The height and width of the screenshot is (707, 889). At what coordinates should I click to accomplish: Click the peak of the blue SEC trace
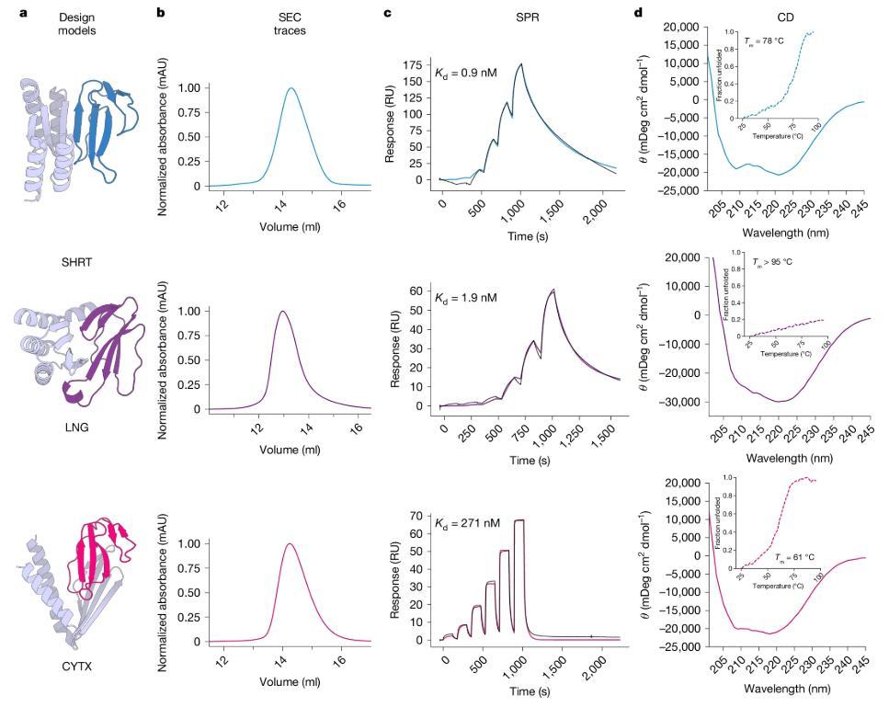point(291,89)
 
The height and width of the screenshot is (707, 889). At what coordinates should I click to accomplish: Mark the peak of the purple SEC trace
point(282,312)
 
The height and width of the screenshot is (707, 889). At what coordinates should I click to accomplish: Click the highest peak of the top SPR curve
point(521,64)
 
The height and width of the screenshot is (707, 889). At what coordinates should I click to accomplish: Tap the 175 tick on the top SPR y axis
point(418,64)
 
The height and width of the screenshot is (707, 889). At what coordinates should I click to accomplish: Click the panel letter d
point(640,14)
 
